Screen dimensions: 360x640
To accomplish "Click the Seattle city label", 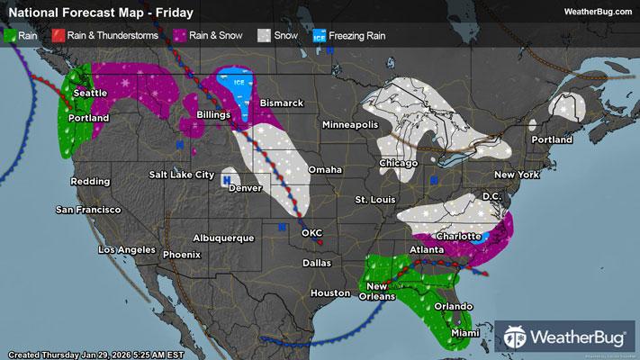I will [x=89, y=94].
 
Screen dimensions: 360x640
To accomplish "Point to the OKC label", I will [x=311, y=233].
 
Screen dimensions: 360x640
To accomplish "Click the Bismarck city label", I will [x=282, y=103].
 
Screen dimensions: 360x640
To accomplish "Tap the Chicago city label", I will [x=399, y=164].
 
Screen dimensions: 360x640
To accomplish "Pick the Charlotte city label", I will [x=458, y=236].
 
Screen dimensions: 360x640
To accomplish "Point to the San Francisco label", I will [x=87, y=210].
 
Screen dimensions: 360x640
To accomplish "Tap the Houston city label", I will [x=329, y=293].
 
